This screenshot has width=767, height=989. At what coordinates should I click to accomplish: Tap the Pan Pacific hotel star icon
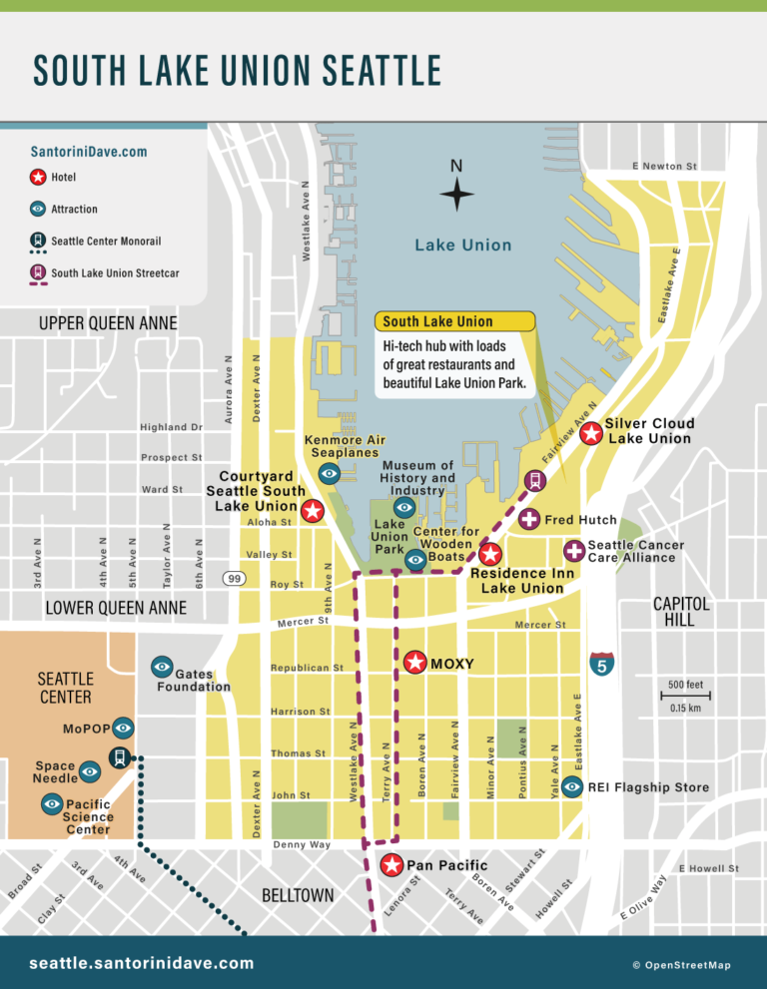coord(392,864)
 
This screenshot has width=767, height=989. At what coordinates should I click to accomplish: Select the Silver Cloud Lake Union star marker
coord(591,432)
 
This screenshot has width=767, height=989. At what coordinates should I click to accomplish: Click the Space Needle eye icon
coord(90,770)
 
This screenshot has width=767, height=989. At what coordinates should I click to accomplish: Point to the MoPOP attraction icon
coord(123,728)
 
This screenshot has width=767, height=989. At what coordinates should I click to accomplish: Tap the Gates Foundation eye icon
coord(162,666)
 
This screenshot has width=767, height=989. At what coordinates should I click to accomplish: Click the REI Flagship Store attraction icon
coord(571,786)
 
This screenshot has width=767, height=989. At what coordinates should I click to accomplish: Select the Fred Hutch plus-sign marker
coord(528,520)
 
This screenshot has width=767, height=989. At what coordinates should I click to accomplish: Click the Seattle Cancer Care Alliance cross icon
coord(574,551)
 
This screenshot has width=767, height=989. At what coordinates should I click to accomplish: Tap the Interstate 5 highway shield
coord(601,664)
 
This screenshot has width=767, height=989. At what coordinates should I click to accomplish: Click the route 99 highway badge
coord(235,579)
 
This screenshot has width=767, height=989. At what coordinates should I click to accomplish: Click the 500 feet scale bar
coord(685,696)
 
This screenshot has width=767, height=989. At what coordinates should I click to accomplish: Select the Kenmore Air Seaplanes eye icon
coord(329,473)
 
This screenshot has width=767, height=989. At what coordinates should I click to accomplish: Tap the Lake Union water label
coord(462,246)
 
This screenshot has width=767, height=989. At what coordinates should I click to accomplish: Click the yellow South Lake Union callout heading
coord(454,321)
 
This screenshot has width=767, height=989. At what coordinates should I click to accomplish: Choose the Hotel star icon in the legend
coord(37,178)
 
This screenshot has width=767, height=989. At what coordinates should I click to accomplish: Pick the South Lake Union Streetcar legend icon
coord(37,272)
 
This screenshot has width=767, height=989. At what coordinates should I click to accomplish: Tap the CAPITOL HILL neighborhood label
coord(681,612)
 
